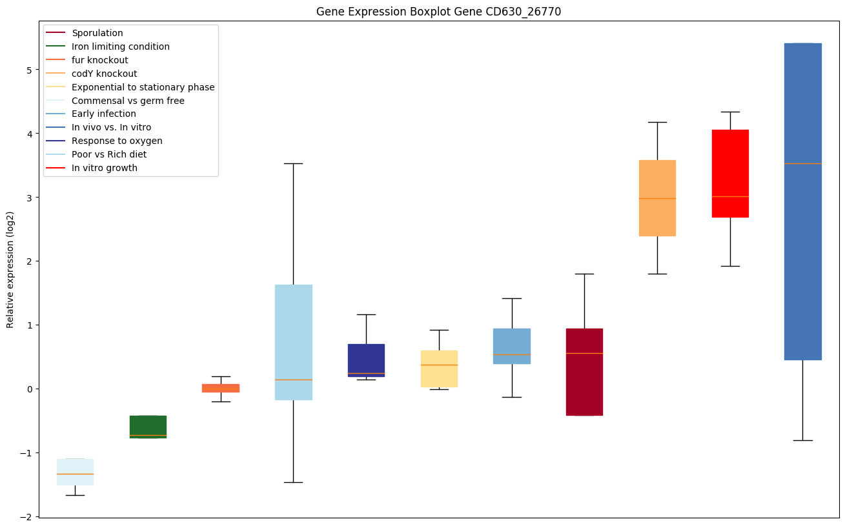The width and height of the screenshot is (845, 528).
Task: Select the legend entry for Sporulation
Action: (x=97, y=33)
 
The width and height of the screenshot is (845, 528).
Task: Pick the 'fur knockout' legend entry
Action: (x=100, y=60)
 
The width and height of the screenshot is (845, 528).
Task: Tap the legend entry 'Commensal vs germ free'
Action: (x=128, y=101)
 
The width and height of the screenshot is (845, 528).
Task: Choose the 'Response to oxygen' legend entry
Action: (x=117, y=141)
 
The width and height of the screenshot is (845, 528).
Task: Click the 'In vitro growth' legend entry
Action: (x=105, y=168)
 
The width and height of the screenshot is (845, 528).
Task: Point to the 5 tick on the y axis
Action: (x=29, y=70)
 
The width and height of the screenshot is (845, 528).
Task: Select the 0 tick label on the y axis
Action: (x=29, y=389)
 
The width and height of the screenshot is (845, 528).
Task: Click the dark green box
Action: (x=148, y=427)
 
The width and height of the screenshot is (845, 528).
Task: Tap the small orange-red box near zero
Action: (x=221, y=388)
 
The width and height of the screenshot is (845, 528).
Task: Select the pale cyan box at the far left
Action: (x=75, y=471)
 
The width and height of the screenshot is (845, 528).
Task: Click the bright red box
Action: (x=730, y=173)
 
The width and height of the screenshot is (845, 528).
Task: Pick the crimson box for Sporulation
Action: (x=584, y=372)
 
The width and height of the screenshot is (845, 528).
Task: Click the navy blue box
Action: (x=366, y=360)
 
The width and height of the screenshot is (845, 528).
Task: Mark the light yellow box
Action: (x=439, y=369)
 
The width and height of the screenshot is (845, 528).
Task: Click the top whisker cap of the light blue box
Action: (x=293, y=164)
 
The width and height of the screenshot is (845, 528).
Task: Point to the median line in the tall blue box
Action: (x=802, y=163)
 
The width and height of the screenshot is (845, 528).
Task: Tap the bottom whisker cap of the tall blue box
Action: (x=802, y=440)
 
